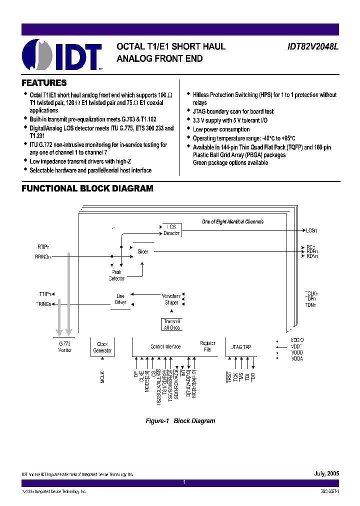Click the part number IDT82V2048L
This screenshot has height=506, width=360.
tap(313, 46)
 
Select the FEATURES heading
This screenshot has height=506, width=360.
tap(44, 83)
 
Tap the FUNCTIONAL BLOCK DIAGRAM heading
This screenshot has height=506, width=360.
tap(87, 188)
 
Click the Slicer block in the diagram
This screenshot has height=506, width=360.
tap(143, 251)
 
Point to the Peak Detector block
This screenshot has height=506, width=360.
tap(116, 275)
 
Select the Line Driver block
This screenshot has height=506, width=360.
tap(120, 299)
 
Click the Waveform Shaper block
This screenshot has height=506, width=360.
tap(171, 299)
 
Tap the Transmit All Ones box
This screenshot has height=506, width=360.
tap(171, 324)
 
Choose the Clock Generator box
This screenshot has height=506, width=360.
tap(102, 347)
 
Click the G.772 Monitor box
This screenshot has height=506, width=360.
tap(65, 347)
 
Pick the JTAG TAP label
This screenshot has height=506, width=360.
tap(241, 346)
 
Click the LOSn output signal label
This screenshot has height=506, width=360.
tap(311, 230)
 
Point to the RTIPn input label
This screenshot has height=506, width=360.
tap(43, 246)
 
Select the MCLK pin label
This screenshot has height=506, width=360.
tap(102, 376)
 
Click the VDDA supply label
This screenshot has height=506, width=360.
tap(296, 358)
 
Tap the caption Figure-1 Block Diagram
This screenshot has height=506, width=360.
tap(180, 421)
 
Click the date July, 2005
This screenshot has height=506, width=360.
tap(326, 473)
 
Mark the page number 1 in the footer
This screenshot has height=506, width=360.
tap(184, 482)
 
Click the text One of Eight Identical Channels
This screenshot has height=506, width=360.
tap(232, 221)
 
